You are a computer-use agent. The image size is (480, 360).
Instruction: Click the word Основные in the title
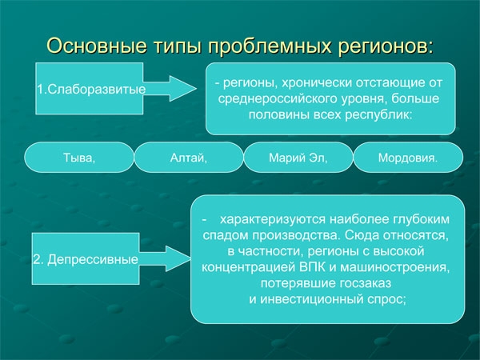tap(97, 46)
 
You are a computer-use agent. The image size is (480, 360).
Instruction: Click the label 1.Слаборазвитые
tap(91, 89)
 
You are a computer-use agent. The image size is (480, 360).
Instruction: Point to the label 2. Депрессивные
tap(86, 259)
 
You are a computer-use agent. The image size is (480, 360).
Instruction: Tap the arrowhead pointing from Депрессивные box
tap(178, 258)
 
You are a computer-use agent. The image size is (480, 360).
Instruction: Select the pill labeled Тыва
tap(79, 158)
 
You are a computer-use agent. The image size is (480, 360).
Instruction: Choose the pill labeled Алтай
tap(189, 158)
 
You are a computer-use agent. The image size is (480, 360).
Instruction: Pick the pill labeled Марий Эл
tap(298, 158)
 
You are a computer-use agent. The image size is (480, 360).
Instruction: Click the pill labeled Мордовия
tap(408, 158)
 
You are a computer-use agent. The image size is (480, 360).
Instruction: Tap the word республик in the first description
tap(378, 114)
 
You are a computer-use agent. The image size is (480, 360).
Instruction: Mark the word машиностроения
tap(395, 267)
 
